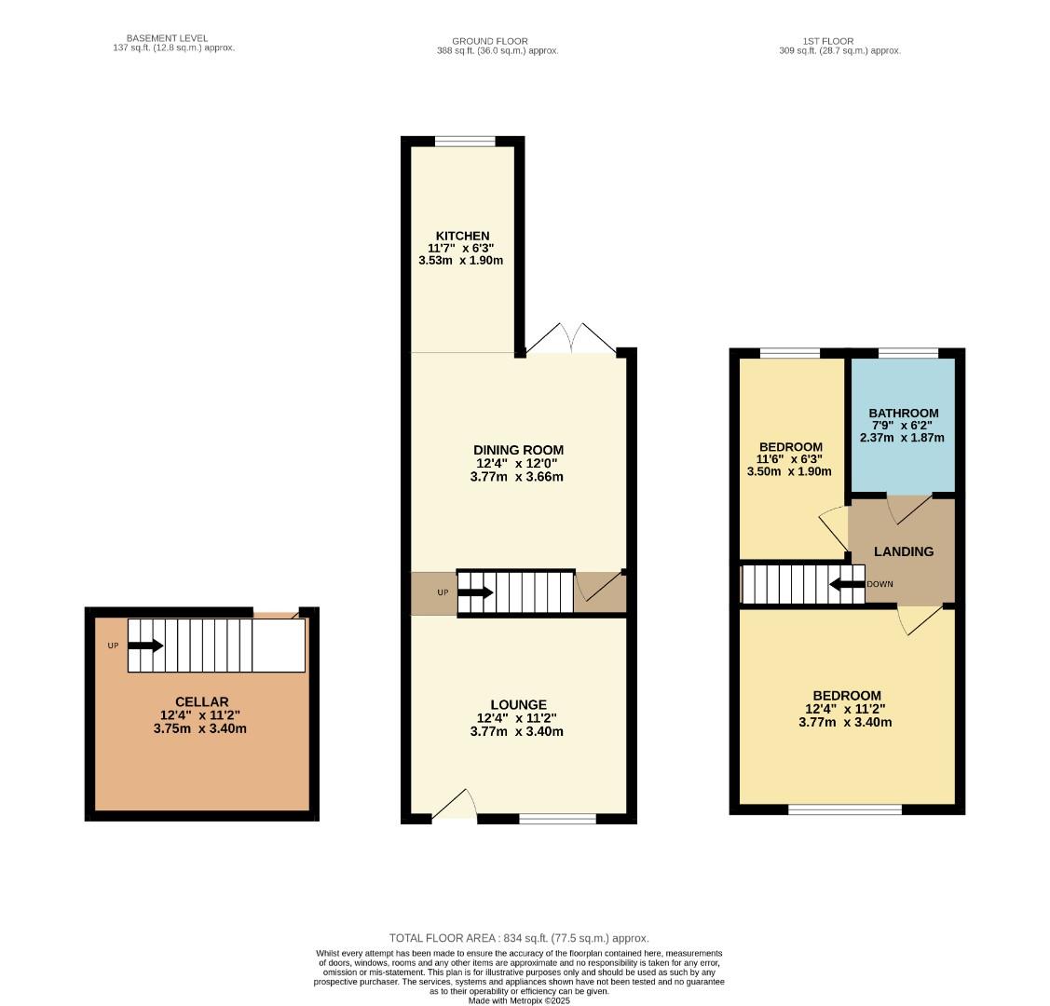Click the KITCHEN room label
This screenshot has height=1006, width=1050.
[461, 236]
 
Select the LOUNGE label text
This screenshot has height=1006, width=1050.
[518, 704]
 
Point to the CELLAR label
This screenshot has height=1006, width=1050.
[201, 701]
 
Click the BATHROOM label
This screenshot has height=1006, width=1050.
[903, 413]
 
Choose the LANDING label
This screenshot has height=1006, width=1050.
[903, 551]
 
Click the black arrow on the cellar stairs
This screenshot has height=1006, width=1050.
[145, 646]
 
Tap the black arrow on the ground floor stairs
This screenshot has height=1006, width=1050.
[475, 592]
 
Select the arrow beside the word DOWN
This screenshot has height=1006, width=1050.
[847, 585]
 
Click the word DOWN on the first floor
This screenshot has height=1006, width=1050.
[880, 585]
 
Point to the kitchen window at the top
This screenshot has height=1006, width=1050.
[465, 142]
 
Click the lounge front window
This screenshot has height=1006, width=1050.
[557, 819]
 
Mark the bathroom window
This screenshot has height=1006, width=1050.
[907, 353]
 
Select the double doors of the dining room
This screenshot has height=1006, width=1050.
[570, 340]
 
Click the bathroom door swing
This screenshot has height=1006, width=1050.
[908, 508]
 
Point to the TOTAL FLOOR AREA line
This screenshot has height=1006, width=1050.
[519, 938]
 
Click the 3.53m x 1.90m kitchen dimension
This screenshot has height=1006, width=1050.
[461, 261]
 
